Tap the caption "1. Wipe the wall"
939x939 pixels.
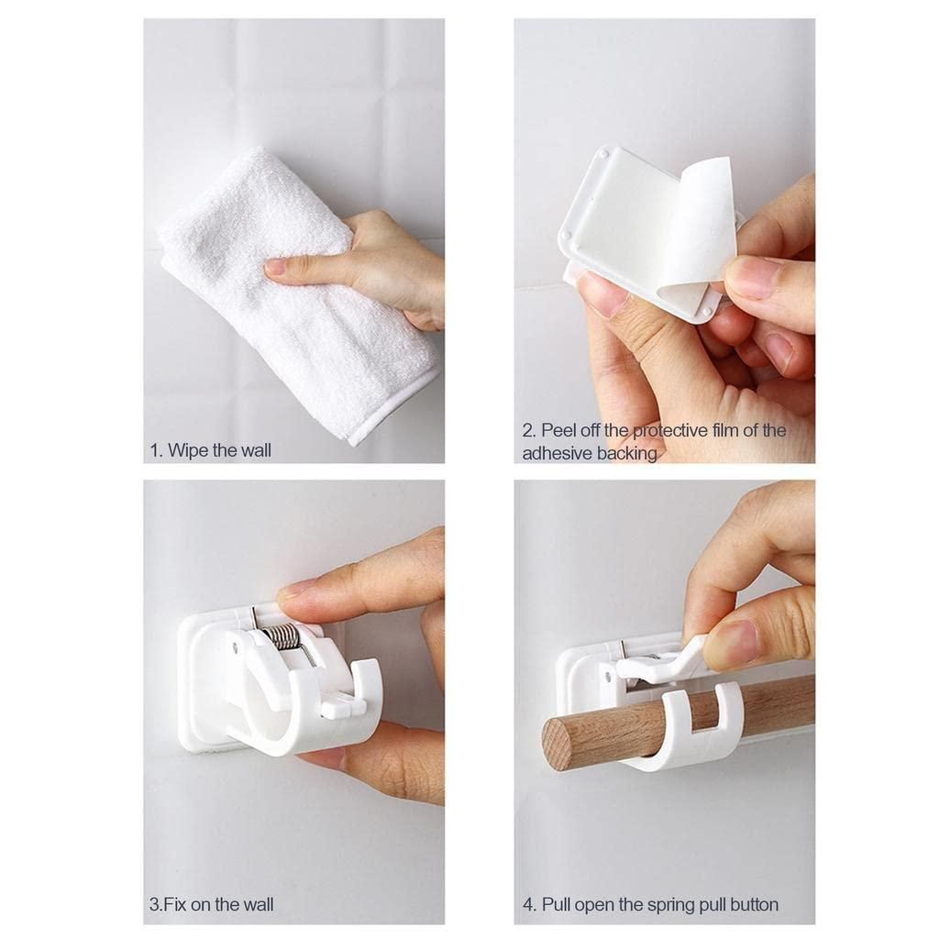(210, 450)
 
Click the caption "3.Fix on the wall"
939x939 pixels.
(211, 905)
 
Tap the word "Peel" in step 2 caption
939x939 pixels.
(560, 430)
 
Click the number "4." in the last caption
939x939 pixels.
(530, 905)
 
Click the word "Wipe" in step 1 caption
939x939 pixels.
(188, 450)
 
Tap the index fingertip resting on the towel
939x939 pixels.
(275, 268)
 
